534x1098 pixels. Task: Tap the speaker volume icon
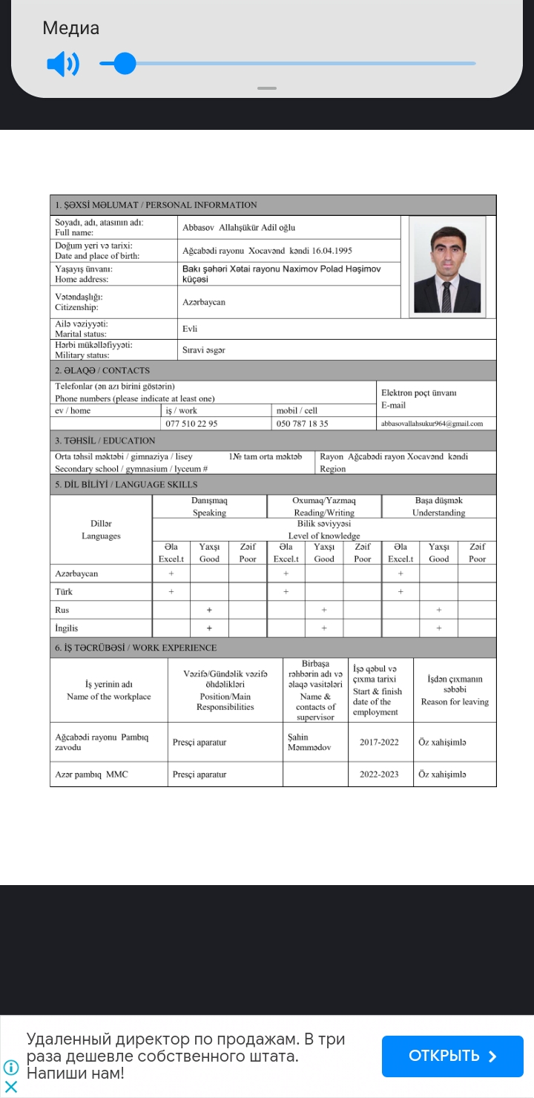[x=62, y=65]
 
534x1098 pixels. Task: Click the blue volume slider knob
[x=125, y=64]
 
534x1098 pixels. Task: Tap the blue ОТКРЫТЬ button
[x=452, y=1056]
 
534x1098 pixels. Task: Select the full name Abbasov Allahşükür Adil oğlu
[x=238, y=228]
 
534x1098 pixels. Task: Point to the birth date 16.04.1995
[x=332, y=251]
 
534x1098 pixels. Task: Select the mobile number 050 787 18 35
[x=302, y=424]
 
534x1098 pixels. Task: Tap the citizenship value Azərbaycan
[x=203, y=302]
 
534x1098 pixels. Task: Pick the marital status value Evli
[x=190, y=329]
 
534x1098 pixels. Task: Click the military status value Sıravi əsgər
[x=203, y=349]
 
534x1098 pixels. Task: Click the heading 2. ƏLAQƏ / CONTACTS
[x=102, y=370]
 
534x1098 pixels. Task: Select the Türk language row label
[x=64, y=592]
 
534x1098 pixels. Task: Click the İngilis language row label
[x=66, y=628]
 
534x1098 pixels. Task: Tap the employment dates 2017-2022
[x=379, y=742]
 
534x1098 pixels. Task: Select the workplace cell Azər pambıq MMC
[x=91, y=775]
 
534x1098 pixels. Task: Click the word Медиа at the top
[x=70, y=28]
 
